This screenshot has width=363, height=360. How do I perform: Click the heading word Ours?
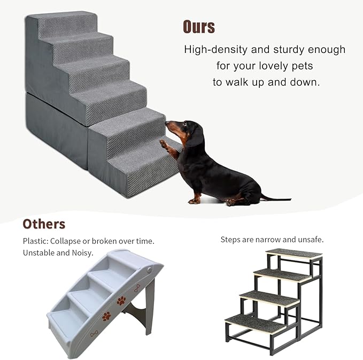click(x=199, y=26)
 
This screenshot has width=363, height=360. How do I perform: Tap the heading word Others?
click(x=44, y=224)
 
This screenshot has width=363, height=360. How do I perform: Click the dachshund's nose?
click(x=167, y=124)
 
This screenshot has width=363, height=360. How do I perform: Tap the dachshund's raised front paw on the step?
click(x=163, y=143)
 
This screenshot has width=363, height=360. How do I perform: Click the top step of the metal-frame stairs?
click(x=294, y=254)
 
